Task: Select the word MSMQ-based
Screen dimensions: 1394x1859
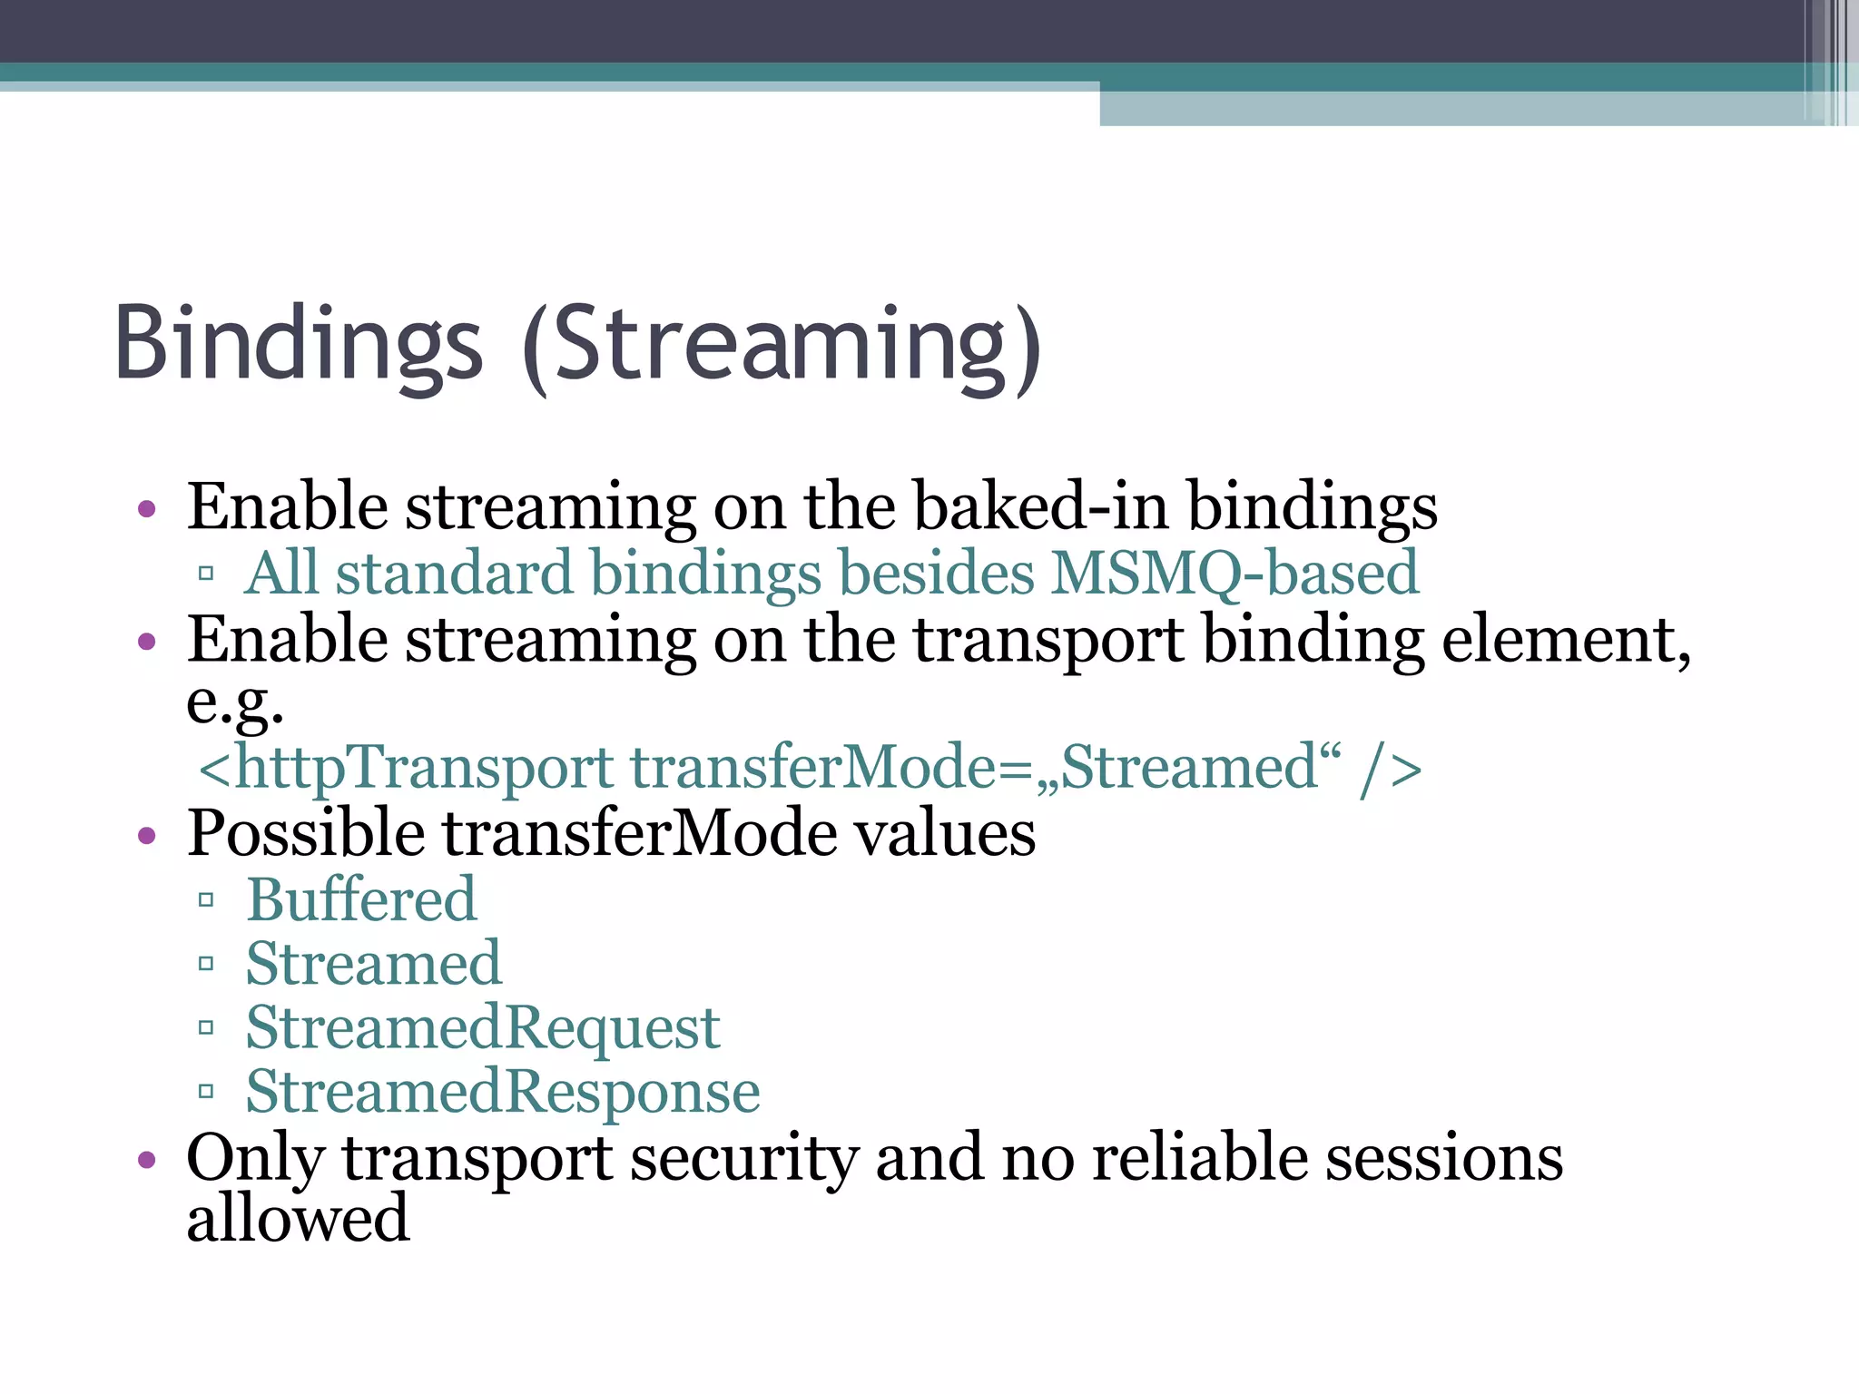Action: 1234,574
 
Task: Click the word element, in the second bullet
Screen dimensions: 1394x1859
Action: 1567,640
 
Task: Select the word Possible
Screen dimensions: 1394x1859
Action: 305,834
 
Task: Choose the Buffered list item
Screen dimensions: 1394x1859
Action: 361,900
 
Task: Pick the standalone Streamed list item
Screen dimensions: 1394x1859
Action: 373,964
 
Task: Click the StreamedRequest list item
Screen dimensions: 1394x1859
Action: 483,1028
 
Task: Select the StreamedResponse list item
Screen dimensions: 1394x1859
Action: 503,1092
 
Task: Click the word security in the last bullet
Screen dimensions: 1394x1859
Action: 743,1159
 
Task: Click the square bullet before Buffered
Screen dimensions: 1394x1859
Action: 206,900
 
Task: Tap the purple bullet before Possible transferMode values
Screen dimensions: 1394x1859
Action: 147,835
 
